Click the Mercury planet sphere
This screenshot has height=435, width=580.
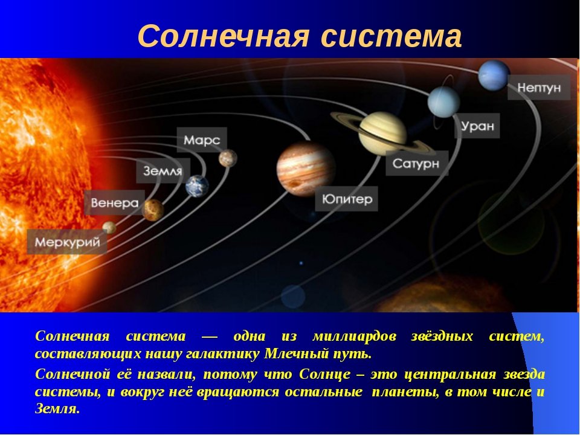point(109,228)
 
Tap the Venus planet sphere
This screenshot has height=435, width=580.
point(153,210)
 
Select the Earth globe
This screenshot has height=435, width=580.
point(197,186)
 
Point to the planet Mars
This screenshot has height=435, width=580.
point(228,158)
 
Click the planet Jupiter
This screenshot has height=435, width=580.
point(306,169)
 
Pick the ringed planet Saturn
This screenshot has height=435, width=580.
point(383,134)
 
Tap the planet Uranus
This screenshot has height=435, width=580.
point(443,101)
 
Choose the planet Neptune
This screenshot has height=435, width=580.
point(494,75)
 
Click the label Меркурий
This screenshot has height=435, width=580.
point(67,242)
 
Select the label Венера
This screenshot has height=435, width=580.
point(115,203)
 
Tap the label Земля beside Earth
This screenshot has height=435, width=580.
point(163,171)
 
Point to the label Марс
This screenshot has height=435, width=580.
point(202,140)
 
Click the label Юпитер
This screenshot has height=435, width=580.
point(347,199)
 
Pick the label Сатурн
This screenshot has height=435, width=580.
point(416,163)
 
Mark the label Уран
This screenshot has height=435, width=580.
point(477,126)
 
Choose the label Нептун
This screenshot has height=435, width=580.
point(539,88)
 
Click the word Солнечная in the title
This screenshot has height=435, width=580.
point(224,37)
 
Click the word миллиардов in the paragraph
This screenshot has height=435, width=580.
point(355,337)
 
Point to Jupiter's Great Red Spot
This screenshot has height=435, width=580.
point(295,184)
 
